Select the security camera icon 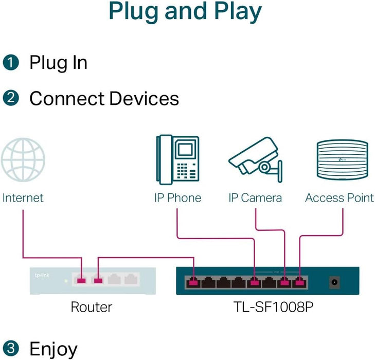[x=255, y=159]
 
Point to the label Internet [x=23, y=198]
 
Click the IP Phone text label [x=177, y=198]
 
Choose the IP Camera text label [x=255, y=198]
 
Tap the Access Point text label [x=340, y=198]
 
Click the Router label [x=91, y=308]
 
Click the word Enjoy [x=53, y=349]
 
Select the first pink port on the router [x=81, y=280]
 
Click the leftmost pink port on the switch [x=193, y=282]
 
